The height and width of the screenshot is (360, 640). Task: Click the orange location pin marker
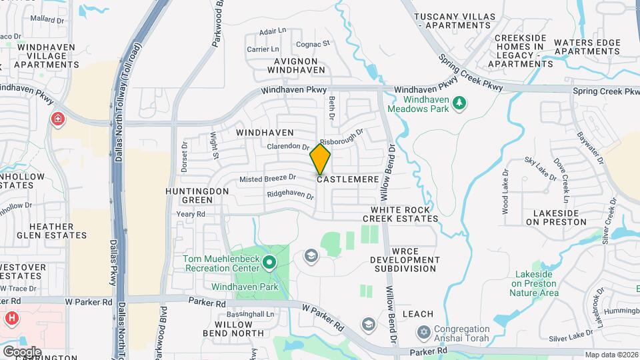320,159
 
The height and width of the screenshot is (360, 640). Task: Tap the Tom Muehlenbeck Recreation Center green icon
269,263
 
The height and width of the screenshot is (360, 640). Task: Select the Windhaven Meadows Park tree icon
458,103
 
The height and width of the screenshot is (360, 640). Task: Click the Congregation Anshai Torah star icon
423,332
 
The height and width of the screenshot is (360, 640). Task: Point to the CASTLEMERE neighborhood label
348,179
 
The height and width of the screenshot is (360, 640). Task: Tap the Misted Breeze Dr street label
267,178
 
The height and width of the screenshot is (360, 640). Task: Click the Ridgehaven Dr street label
290,195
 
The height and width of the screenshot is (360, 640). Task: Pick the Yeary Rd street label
191,214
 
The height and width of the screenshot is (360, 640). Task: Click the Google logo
22,351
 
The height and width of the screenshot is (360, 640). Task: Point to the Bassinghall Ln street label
250,314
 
